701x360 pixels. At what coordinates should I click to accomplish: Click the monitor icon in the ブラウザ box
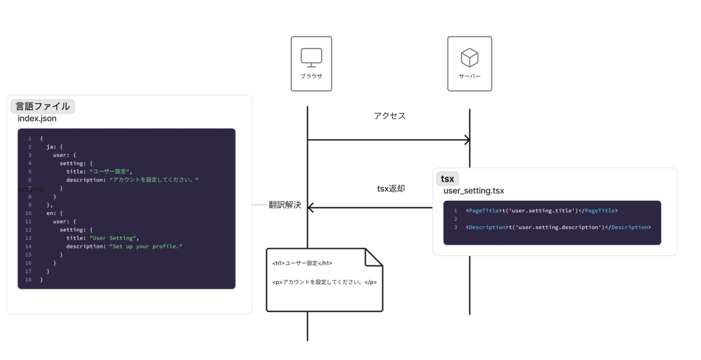pos(311,58)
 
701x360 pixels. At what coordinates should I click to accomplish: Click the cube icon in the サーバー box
pos(470,57)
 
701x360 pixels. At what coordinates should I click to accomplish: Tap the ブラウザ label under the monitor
pos(311,77)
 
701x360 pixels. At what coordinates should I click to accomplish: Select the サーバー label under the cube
pos(470,77)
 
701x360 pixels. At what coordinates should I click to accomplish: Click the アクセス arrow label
pos(390,116)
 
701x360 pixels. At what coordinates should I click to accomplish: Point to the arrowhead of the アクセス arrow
pos(467,140)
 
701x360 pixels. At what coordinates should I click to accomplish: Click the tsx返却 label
pos(391,189)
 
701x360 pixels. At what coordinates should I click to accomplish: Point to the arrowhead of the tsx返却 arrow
pos(311,207)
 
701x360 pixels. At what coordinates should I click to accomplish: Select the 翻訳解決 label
pos(285,205)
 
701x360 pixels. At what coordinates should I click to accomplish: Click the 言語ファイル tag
pos(43,106)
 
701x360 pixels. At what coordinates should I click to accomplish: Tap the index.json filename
pos(37,119)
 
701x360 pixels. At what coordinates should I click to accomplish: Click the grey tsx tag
pos(447,179)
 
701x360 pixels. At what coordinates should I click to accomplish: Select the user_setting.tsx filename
pos(474,191)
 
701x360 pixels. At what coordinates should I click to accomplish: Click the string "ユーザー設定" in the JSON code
pos(110,172)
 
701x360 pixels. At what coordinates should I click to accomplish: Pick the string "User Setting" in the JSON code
pos(113,238)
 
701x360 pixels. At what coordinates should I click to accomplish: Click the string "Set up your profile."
pos(146,247)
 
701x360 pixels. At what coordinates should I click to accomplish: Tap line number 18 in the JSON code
pos(28,280)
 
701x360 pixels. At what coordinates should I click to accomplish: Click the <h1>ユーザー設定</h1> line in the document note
pos(302,264)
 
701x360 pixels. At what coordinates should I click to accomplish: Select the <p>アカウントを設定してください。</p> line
pos(324,282)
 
